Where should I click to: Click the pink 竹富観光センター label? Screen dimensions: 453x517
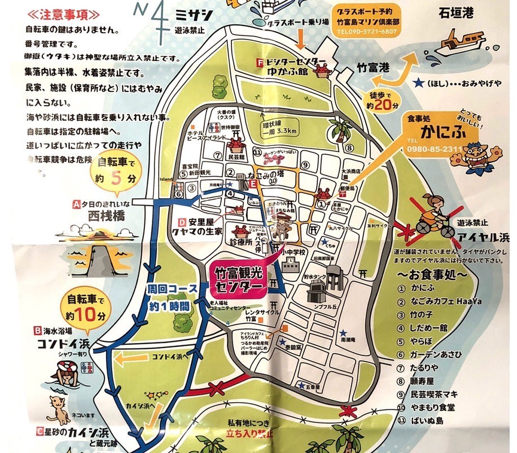coord(239,280)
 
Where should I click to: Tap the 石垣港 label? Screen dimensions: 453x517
coord(456,13)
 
